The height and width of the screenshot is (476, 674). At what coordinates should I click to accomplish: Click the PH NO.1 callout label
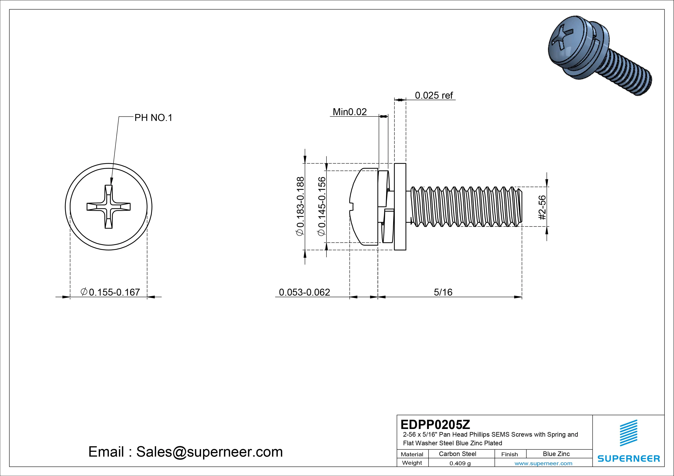[x=153, y=118]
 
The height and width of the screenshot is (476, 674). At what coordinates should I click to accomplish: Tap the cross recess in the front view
[x=109, y=207]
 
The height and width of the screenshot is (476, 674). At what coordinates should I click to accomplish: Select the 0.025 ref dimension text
[x=434, y=95]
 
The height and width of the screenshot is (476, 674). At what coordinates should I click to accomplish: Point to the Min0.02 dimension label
[x=350, y=112]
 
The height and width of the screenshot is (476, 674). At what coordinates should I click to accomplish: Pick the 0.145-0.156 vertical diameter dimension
[x=322, y=206]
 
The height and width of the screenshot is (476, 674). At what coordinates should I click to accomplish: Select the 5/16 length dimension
[x=443, y=292]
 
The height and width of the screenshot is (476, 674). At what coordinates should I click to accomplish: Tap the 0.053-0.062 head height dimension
[x=304, y=292]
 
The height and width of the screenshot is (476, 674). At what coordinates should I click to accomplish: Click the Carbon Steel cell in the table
[x=457, y=454]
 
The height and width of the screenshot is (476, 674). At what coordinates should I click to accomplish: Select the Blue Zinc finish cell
[x=556, y=454]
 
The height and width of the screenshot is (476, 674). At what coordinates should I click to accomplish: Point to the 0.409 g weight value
[x=460, y=463]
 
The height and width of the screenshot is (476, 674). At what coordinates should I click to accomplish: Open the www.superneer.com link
[x=543, y=463]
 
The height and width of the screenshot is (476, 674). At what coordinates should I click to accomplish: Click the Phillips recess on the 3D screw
[x=561, y=41]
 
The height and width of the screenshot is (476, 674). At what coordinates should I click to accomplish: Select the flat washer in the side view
[x=400, y=207]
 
